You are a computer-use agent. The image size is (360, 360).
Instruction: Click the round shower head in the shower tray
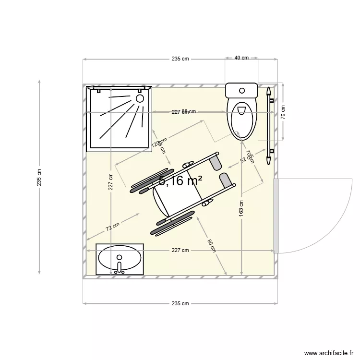pos(140,98)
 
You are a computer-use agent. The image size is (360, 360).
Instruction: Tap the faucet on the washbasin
pos(120,267)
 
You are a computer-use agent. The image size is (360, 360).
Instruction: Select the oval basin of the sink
pos(120,259)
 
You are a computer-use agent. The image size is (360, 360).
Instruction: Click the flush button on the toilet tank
pos(242,90)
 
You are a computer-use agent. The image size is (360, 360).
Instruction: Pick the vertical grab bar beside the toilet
pos(270,120)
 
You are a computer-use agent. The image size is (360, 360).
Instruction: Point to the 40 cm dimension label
pos(241,58)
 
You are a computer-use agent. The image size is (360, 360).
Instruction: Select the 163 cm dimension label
pos(241,208)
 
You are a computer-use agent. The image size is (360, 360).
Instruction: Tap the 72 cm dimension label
pos(113,226)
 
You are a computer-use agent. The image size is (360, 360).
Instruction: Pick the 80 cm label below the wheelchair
pos(211,245)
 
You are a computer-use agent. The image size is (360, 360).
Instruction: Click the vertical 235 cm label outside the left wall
pos(39,177)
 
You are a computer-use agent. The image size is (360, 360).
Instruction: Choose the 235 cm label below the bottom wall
pos(180,303)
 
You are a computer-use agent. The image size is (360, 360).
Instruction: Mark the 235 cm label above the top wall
pos(180,59)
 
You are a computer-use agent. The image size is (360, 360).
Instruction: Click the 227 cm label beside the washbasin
pos(180,250)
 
